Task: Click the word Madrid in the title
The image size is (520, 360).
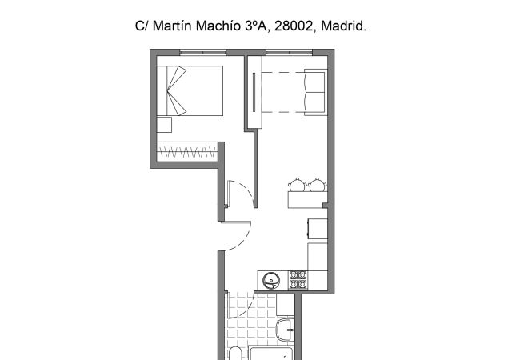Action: point(345,26)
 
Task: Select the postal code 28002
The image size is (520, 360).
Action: point(294,26)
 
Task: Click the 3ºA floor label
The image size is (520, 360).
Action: point(258,26)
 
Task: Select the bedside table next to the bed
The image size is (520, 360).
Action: point(165,125)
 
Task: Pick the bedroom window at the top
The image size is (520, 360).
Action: point(202,53)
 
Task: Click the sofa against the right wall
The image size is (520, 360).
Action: point(314,90)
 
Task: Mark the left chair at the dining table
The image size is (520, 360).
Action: point(298,184)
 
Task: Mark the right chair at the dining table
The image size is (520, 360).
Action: point(317,184)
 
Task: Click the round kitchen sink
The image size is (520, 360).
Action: point(270,280)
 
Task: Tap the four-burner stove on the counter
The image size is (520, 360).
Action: point(298,280)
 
